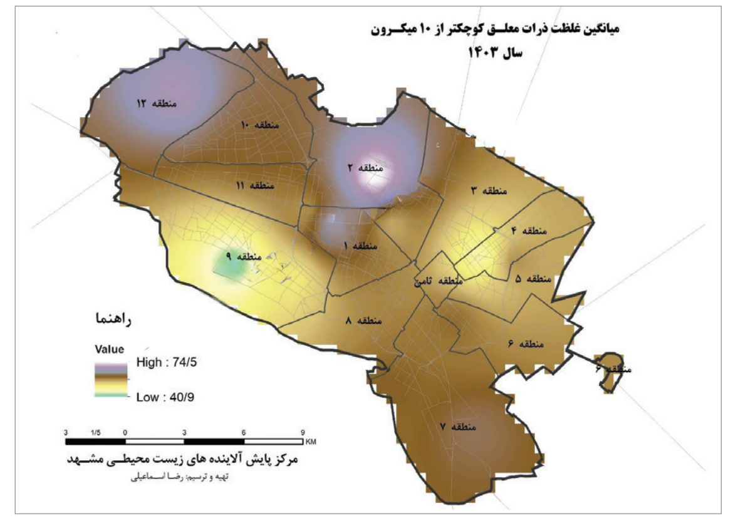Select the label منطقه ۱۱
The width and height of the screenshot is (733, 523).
pos(255,185)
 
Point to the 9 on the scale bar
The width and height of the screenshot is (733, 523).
pos(302,432)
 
